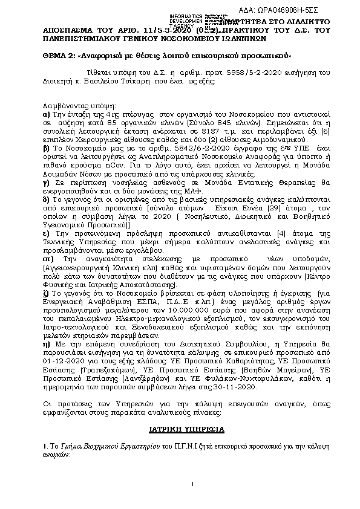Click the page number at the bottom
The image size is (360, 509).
191,501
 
